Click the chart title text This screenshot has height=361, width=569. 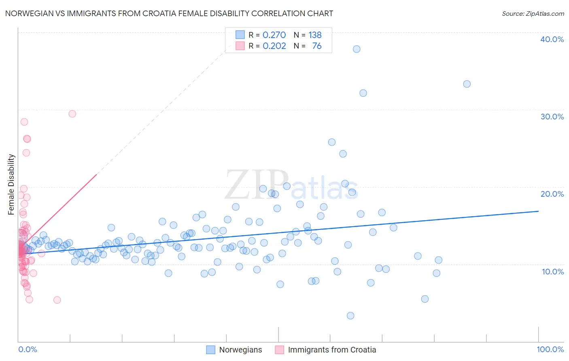click(169, 13)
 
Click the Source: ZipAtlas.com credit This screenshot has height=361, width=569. click(533, 14)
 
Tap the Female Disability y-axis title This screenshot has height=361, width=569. click(11, 184)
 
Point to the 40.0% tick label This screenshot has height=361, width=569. click(552, 39)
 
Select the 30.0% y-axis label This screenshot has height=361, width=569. click(552, 117)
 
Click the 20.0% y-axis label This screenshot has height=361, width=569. click(552, 194)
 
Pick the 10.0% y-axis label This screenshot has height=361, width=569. click(552, 272)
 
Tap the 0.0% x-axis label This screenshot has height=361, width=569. click(28, 349)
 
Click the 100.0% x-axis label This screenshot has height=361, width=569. click(550, 349)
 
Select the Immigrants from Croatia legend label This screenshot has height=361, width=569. click(332, 350)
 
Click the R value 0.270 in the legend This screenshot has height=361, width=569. click(274, 35)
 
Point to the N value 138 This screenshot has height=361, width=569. click(315, 35)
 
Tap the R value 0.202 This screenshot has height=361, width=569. click(274, 46)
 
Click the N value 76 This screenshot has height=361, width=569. click(316, 46)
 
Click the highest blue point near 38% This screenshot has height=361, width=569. click(357, 49)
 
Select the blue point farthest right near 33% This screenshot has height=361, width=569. click(467, 84)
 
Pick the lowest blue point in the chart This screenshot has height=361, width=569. click(350, 316)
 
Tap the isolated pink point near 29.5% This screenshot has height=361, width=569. click(72, 114)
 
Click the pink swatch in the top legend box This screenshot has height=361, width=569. click(240, 46)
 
